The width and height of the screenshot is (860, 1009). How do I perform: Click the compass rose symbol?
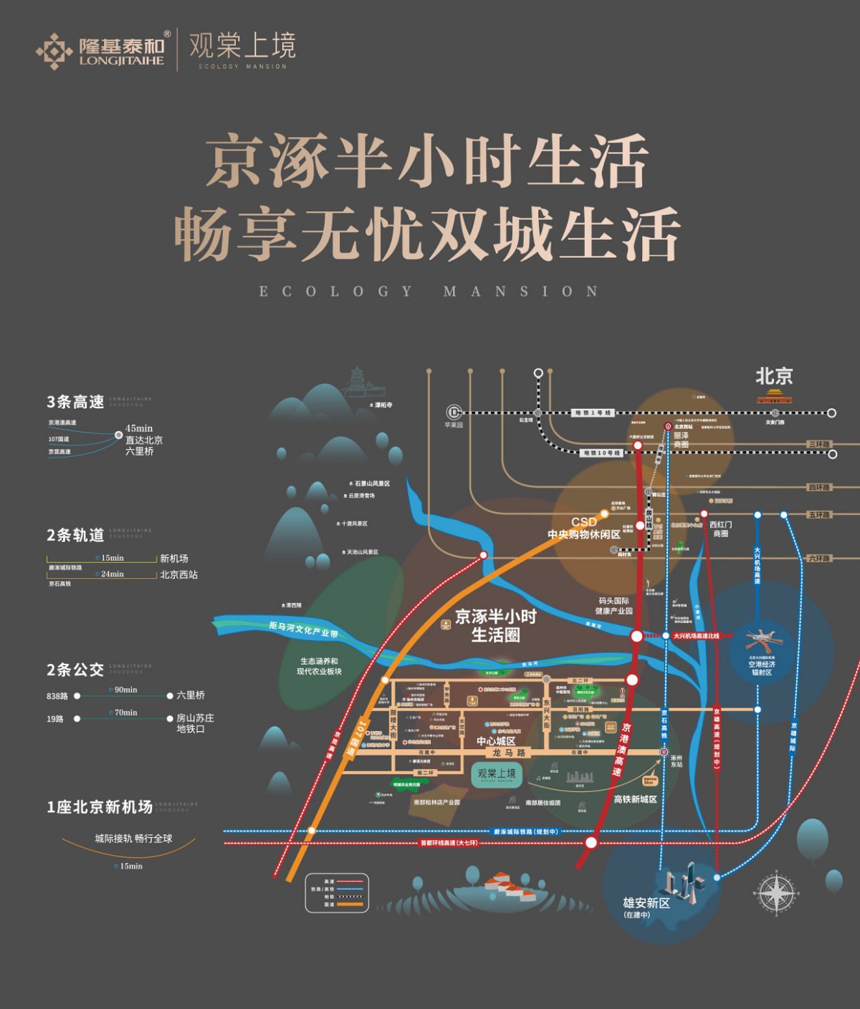pos(775,893)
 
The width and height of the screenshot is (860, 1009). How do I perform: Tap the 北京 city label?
pos(774,376)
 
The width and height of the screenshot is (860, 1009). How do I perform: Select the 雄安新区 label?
pos(646,903)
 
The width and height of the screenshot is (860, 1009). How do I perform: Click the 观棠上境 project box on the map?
pos(497,775)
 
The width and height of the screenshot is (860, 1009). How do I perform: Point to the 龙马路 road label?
pos(509,753)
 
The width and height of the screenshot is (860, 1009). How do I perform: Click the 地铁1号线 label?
pos(593,413)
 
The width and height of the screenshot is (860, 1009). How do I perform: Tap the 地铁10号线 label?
pos(601,453)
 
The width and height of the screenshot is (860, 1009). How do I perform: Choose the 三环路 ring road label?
pos(819,445)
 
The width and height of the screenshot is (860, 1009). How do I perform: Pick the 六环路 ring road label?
pos(819,559)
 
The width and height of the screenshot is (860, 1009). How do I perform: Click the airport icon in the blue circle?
pos(760,639)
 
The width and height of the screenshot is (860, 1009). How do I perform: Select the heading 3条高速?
pos(75,402)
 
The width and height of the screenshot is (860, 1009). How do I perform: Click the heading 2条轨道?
pos(75,535)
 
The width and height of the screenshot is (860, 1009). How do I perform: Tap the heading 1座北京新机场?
pos(100,807)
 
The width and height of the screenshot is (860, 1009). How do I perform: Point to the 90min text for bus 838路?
pos(126,690)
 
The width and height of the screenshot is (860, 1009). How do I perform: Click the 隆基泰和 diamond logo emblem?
pos(54,51)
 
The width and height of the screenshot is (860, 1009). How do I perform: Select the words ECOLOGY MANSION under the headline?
pos(429,291)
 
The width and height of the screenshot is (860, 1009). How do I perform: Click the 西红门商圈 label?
pos(720,528)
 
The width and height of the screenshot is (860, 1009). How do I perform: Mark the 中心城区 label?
pos(496,741)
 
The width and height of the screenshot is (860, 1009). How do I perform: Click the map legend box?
pos(337,893)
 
